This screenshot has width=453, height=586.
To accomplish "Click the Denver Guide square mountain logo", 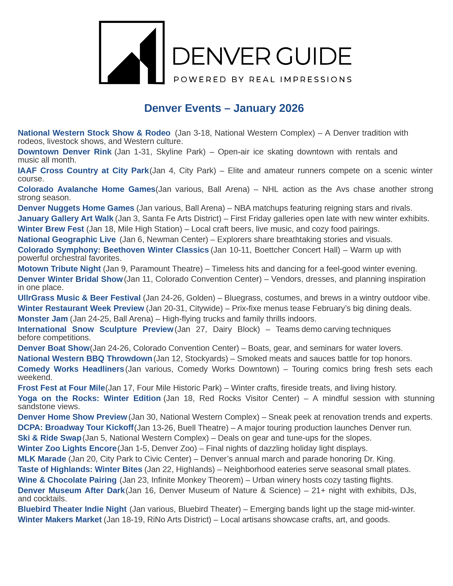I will [132, 53].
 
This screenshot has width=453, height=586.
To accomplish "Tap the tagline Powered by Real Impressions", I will [262, 80].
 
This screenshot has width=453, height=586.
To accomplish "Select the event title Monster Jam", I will [43, 319].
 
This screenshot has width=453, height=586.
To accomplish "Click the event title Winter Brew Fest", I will [51, 229].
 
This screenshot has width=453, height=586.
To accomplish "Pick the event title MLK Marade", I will [42, 459].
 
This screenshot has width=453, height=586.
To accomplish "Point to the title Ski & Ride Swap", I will [49, 438].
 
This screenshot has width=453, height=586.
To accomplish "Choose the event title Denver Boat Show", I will [53, 348].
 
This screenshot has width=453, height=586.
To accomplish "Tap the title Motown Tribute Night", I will [59, 269].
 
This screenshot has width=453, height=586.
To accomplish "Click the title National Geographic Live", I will [67, 239].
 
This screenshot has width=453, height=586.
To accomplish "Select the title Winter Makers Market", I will [59, 519].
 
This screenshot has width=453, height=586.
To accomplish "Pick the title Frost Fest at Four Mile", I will [61, 388].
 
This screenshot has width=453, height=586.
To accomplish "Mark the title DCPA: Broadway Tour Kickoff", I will [75, 427].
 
